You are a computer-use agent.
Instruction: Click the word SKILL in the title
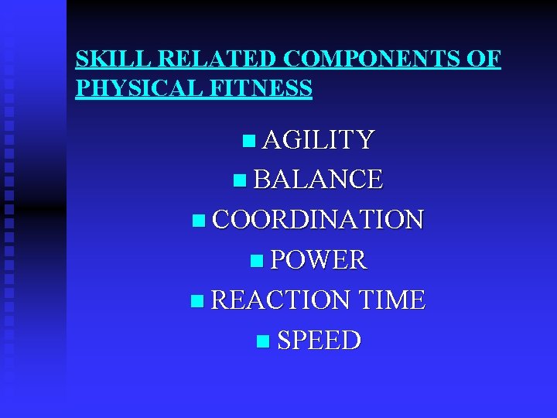click(x=101, y=59)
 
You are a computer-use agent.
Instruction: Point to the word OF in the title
click(x=484, y=59)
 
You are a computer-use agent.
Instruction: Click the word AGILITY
click(x=319, y=140)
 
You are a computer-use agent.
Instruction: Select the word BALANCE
click(x=318, y=180)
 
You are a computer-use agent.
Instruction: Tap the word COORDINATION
click(x=318, y=220)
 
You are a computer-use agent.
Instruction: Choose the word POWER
click(x=319, y=260)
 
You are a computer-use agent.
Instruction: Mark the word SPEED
click(x=319, y=341)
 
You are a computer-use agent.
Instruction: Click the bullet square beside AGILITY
click(x=248, y=141)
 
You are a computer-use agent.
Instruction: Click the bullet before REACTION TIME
click(x=195, y=301)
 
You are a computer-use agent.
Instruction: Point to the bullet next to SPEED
click(x=262, y=341)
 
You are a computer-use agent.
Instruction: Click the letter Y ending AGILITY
click(x=366, y=140)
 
